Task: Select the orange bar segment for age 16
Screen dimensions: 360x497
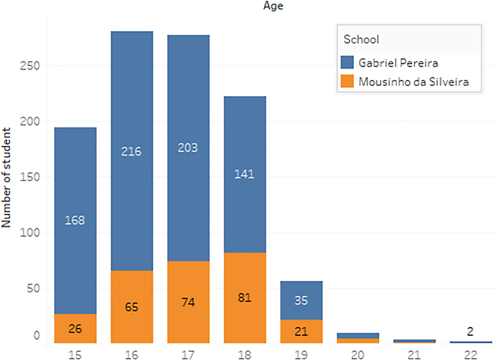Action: point(132,306)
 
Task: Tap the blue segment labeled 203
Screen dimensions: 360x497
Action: point(188,148)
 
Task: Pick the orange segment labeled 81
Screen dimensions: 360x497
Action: point(245,298)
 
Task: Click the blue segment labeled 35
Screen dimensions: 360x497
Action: point(301,300)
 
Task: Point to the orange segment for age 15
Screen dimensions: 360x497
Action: point(75,328)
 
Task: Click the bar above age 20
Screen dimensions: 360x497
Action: point(358,337)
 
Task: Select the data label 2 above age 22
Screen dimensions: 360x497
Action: point(470,331)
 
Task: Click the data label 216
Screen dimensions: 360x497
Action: point(131,151)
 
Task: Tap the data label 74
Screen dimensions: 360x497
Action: point(188,302)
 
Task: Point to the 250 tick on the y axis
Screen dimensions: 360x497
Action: point(30,66)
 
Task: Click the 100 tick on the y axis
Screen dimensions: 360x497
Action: point(30,232)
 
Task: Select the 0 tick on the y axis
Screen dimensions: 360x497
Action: point(37,335)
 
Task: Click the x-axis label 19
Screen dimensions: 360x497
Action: point(301,355)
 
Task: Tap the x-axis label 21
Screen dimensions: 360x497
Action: point(414,355)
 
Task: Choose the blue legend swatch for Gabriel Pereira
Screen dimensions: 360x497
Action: point(347,62)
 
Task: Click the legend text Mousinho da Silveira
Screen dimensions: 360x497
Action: point(414,82)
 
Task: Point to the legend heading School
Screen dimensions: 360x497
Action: point(361,39)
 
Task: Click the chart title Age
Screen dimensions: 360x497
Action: point(273,6)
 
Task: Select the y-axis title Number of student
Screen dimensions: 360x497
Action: point(6,178)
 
